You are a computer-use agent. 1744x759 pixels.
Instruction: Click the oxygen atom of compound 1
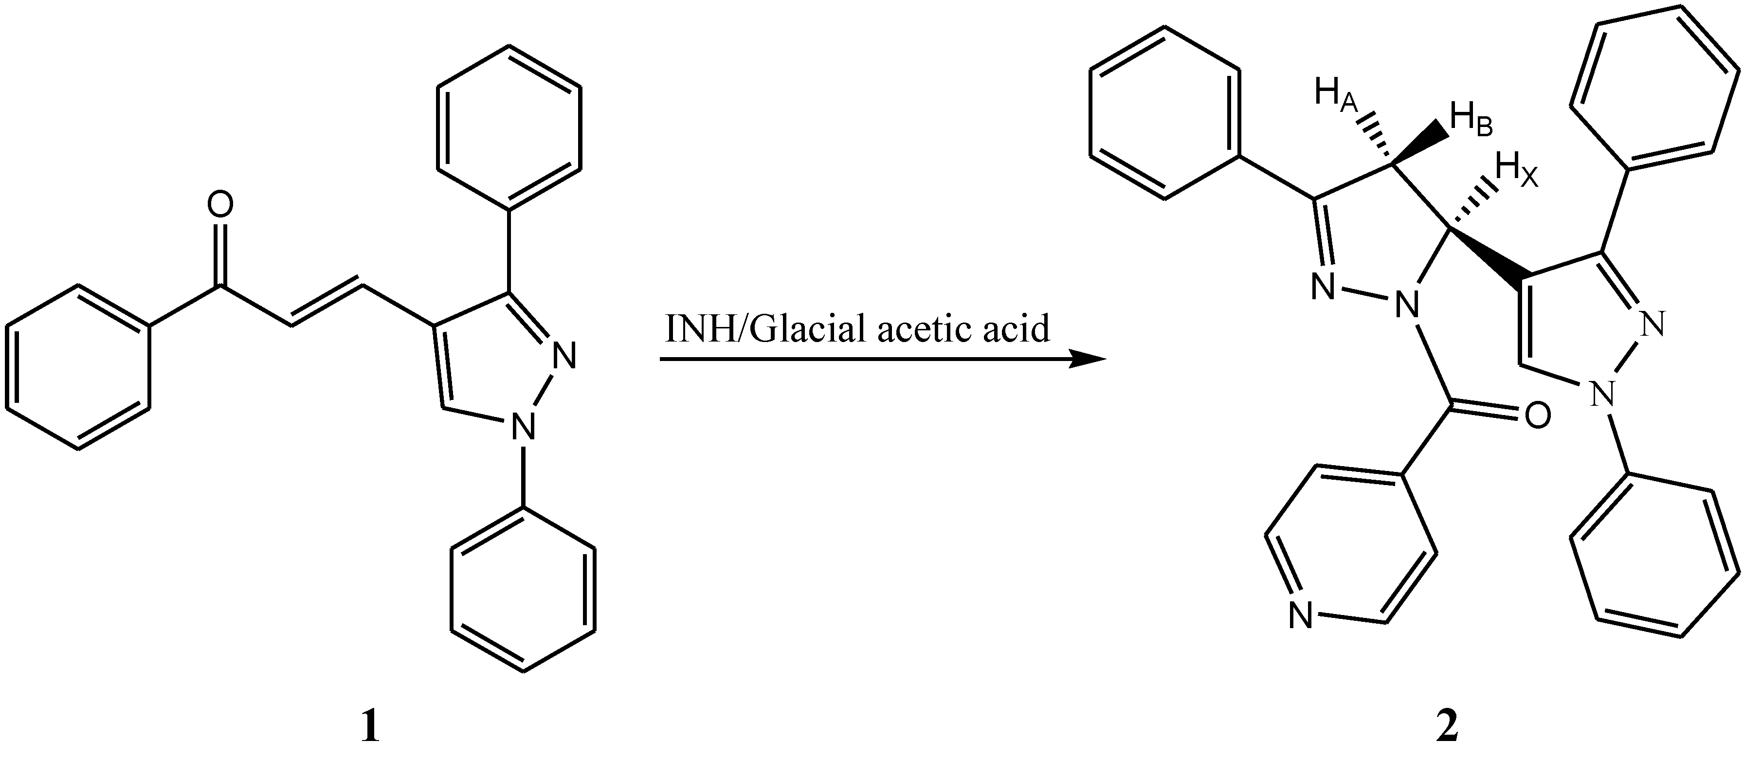click(x=219, y=205)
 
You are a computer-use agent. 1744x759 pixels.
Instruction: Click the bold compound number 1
click(x=370, y=728)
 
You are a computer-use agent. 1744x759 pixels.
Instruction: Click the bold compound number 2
click(x=1447, y=728)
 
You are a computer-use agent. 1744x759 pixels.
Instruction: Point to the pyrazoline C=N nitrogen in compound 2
click(x=1322, y=287)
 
